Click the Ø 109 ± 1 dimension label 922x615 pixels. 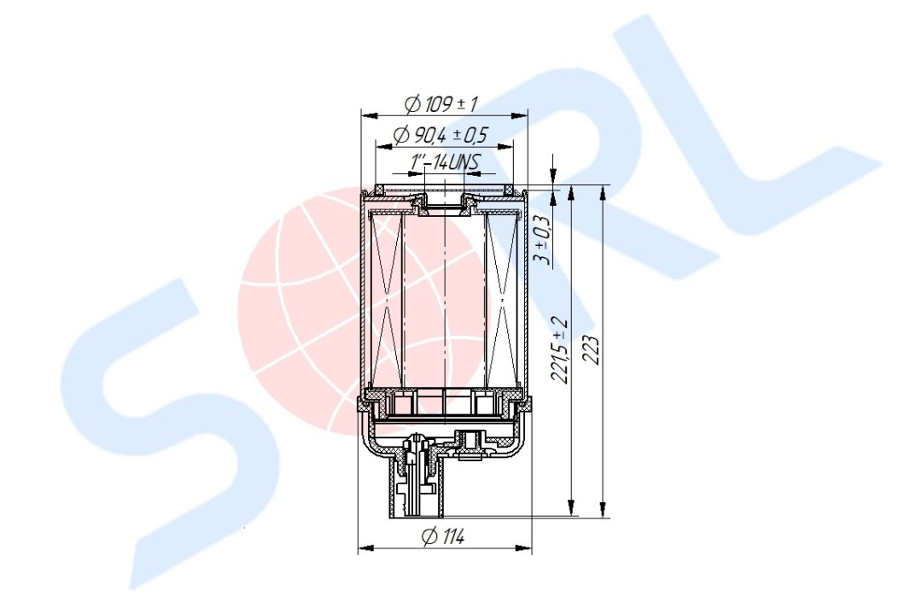pyautogui.click(x=441, y=105)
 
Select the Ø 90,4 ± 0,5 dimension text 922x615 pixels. pyautogui.click(x=441, y=135)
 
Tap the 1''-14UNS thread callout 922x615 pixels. pyautogui.click(x=445, y=162)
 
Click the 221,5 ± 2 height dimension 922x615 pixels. pyautogui.click(x=561, y=351)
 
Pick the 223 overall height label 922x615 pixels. pyautogui.click(x=592, y=351)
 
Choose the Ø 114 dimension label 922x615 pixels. pyautogui.click(x=443, y=536)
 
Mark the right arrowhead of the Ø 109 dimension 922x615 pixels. pyautogui.click(x=521, y=115)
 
